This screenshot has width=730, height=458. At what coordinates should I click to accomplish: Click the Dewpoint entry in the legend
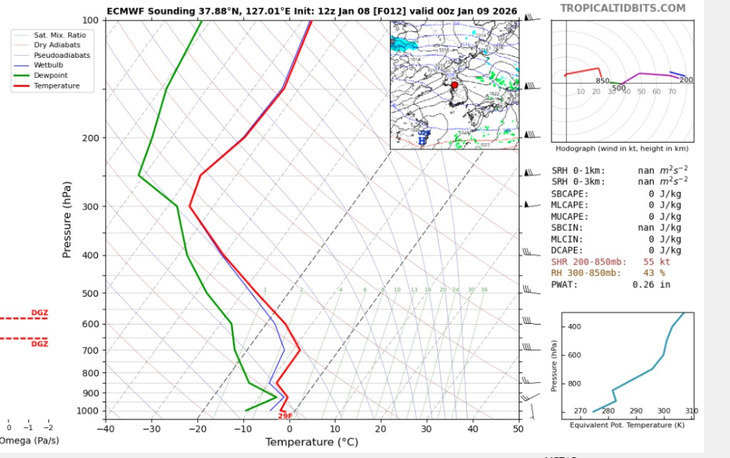(57, 75)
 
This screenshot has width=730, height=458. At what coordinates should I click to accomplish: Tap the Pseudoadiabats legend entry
(62, 55)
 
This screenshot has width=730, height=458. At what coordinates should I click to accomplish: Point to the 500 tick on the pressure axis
(91, 293)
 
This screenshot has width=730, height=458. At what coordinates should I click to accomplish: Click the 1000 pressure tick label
(88, 411)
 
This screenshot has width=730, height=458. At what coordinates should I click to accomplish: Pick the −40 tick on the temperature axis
(106, 429)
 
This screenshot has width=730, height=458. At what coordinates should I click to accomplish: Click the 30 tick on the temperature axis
(426, 429)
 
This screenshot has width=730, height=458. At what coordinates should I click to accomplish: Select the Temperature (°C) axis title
(312, 442)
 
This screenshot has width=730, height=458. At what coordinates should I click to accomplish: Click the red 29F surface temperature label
(285, 416)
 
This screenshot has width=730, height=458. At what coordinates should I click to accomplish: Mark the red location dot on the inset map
(455, 85)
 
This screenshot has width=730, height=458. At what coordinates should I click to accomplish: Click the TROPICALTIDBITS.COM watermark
(622, 9)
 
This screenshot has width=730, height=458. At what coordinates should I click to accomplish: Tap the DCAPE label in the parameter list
(567, 250)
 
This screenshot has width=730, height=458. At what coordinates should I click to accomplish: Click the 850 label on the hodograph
(602, 81)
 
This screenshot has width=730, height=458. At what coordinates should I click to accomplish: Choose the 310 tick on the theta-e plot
(692, 412)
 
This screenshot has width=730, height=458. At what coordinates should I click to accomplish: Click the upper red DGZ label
(40, 312)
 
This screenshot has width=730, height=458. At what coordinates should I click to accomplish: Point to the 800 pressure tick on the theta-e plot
(575, 384)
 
